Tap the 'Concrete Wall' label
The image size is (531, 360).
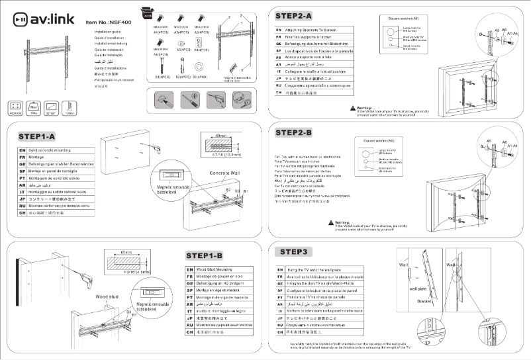click(224, 173)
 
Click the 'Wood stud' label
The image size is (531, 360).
click(107, 297)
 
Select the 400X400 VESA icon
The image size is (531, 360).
click(15, 106)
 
